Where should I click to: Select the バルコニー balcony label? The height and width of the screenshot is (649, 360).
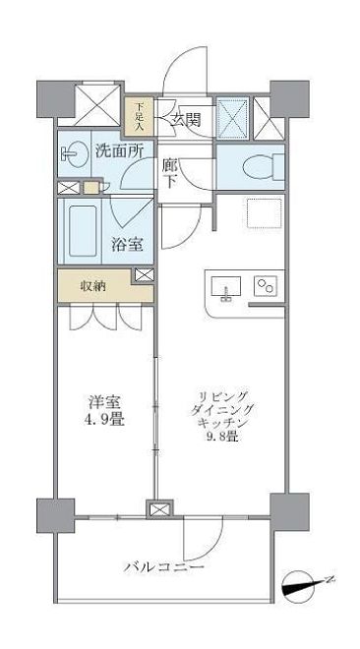(x=163, y=568)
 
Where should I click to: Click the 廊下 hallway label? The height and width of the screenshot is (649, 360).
(x=169, y=174)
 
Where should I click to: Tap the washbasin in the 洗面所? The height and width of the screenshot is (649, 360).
(x=72, y=152)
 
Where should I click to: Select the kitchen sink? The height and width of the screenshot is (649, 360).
(x=225, y=288)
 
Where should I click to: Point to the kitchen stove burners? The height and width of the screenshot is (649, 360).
(x=267, y=287)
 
